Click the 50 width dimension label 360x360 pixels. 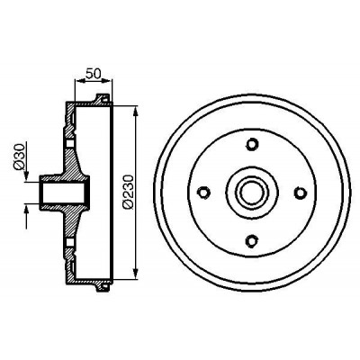93,73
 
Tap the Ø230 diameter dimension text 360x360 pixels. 128,191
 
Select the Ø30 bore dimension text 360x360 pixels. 19,157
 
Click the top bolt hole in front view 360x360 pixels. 252,144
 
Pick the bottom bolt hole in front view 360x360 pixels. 252,240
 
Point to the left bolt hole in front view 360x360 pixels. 204,192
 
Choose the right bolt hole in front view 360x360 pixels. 300,192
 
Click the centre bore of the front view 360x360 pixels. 252,192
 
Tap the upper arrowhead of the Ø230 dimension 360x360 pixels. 136,112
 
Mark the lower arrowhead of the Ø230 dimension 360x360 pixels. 136,272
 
